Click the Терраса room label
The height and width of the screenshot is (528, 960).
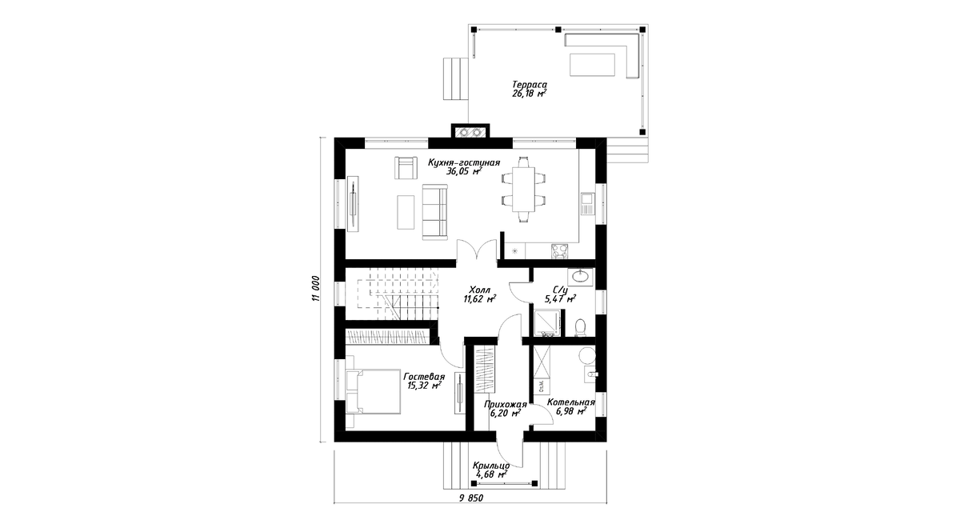(530, 85)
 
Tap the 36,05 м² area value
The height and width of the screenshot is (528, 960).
(464, 171)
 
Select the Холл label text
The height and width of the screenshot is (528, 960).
(479, 290)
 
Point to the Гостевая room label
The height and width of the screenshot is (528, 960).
(424, 377)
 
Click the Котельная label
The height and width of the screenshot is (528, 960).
(571, 402)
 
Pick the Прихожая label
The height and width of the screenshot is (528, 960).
(506, 405)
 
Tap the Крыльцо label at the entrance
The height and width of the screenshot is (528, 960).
(491, 466)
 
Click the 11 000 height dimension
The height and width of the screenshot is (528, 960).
(316, 288)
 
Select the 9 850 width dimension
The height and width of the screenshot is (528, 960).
(471, 498)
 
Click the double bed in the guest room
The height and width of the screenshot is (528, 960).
(373, 392)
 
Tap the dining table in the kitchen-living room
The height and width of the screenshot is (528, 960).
(523, 189)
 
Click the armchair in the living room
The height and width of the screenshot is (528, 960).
(106, 167)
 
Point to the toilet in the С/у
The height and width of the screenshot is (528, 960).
(581, 327)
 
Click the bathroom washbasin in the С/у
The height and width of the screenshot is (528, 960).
(580, 277)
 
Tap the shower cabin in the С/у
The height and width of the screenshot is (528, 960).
(547, 322)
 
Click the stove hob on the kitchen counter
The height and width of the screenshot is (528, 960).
(559, 251)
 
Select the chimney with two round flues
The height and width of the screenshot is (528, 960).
(470, 131)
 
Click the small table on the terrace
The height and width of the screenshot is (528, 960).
(592, 65)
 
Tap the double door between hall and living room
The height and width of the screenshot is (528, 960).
(477, 250)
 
